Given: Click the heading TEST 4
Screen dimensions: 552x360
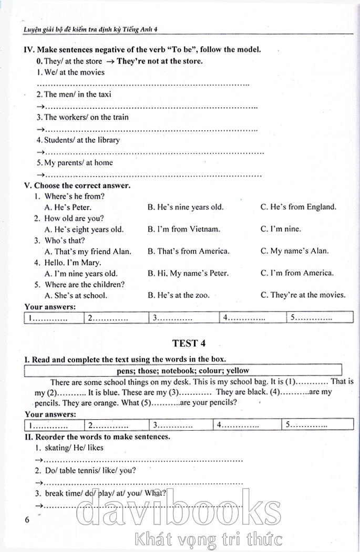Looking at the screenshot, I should [189, 343].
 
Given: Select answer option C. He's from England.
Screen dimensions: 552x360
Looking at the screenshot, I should [298, 207].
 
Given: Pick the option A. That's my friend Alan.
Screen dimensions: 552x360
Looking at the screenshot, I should [88, 251].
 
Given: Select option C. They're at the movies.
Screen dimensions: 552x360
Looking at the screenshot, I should [303, 295].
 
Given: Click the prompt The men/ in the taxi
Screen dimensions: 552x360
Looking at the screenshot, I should [74, 95].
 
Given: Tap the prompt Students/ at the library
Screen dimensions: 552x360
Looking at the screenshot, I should [78, 140].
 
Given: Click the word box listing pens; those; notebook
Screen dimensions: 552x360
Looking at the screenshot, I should [183, 370].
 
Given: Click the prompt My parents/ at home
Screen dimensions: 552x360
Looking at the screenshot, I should [74, 162].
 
